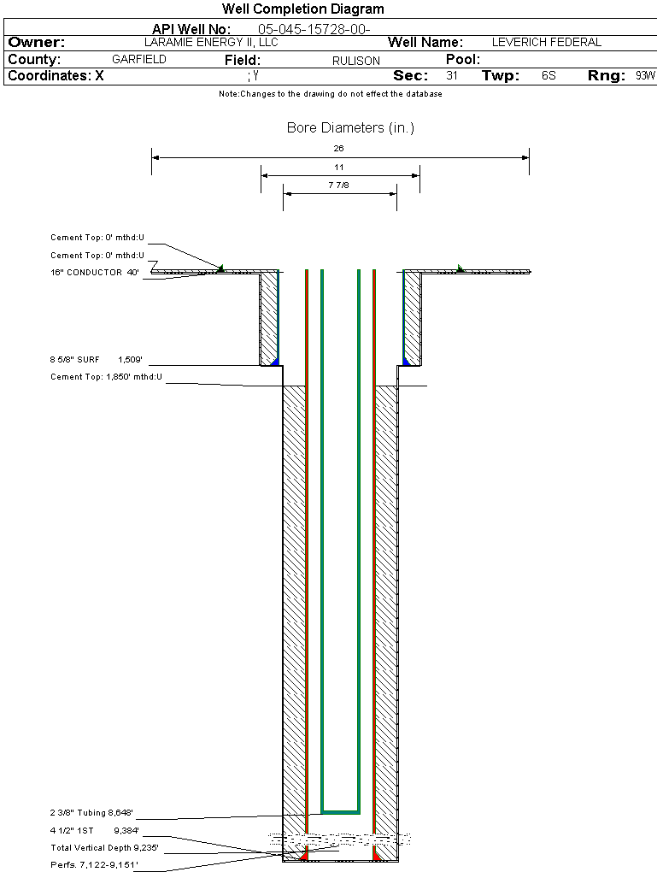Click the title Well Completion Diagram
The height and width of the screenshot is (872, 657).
click(x=302, y=9)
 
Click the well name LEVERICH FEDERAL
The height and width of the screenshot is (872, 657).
click(x=547, y=42)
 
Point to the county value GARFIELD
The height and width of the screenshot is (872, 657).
click(x=139, y=60)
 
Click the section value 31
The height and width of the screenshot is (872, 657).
click(x=452, y=76)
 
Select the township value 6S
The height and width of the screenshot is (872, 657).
click(x=548, y=76)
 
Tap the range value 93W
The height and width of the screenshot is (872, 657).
click(x=645, y=76)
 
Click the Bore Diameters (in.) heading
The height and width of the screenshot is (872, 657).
click(x=350, y=128)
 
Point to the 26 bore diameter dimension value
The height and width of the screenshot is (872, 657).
click(x=339, y=148)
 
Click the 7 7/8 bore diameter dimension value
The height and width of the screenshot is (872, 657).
click(x=339, y=186)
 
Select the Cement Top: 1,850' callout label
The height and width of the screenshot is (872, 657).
click(x=106, y=377)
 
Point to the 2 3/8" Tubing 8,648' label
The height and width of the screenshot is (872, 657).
click(x=91, y=813)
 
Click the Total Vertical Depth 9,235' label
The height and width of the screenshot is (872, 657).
click(x=104, y=848)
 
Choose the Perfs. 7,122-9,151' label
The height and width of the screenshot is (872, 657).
click(x=94, y=865)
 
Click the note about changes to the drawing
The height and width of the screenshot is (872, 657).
click(x=331, y=94)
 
